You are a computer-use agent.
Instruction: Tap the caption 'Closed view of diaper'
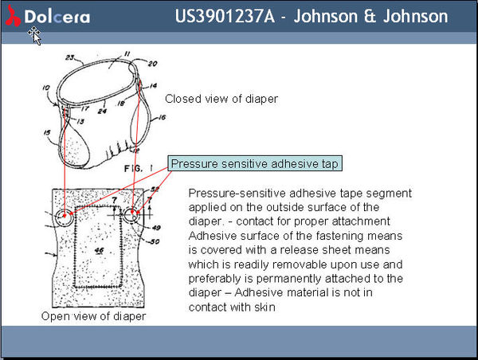click(x=221, y=99)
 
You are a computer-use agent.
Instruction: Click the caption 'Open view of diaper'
click(x=93, y=316)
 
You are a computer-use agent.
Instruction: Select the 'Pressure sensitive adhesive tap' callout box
click(x=256, y=164)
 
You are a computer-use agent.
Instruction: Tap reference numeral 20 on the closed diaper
click(x=152, y=64)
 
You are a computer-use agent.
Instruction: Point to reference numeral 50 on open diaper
click(x=155, y=240)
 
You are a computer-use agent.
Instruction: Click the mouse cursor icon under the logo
click(x=36, y=35)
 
